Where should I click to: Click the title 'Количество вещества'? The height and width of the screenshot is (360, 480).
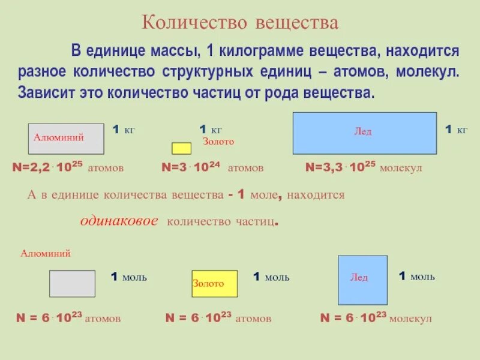(240, 23)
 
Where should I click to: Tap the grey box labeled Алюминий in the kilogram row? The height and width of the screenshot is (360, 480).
(66, 139)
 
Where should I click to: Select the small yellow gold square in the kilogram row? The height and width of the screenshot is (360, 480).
(181, 148)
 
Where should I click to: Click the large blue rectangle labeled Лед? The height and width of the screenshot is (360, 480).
(364, 133)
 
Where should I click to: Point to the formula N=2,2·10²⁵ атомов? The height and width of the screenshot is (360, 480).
(68, 168)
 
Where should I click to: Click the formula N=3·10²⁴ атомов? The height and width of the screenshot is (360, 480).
(212, 168)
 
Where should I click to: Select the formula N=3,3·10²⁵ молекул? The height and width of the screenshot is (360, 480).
(364, 168)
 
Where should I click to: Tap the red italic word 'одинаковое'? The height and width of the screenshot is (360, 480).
(119, 221)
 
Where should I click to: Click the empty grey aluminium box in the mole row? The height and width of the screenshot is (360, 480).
(72, 284)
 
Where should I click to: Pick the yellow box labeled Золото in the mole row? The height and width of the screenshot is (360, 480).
(214, 283)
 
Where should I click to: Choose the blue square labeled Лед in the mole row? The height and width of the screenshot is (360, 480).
(362, 280)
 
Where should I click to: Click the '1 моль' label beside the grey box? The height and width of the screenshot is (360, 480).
(129, 277)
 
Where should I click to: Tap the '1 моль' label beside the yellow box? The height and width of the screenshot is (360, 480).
(271, 277)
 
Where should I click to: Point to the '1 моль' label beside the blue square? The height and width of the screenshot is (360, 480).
(417, 277)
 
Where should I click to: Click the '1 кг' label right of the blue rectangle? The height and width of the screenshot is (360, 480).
(456, 130)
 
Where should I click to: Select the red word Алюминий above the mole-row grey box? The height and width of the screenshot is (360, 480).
(46, 253)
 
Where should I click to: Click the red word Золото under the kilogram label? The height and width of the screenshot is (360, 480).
(218, 142)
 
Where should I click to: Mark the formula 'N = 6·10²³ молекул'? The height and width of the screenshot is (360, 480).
(376, 318)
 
